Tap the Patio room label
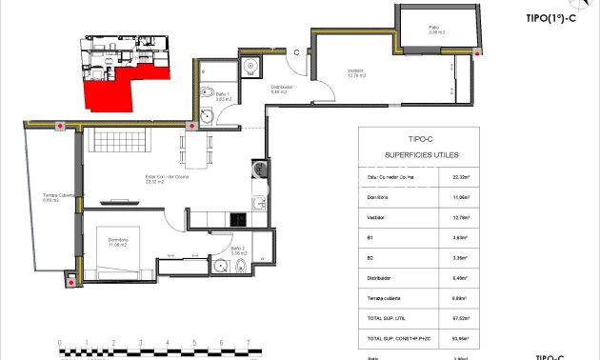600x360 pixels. [433, 29]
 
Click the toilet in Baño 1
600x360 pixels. [205, 92]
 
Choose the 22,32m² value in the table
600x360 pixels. [459, 176]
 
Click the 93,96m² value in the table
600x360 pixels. [459, 339]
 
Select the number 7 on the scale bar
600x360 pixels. [248, 341]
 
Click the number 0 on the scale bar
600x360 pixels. [59, 341]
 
